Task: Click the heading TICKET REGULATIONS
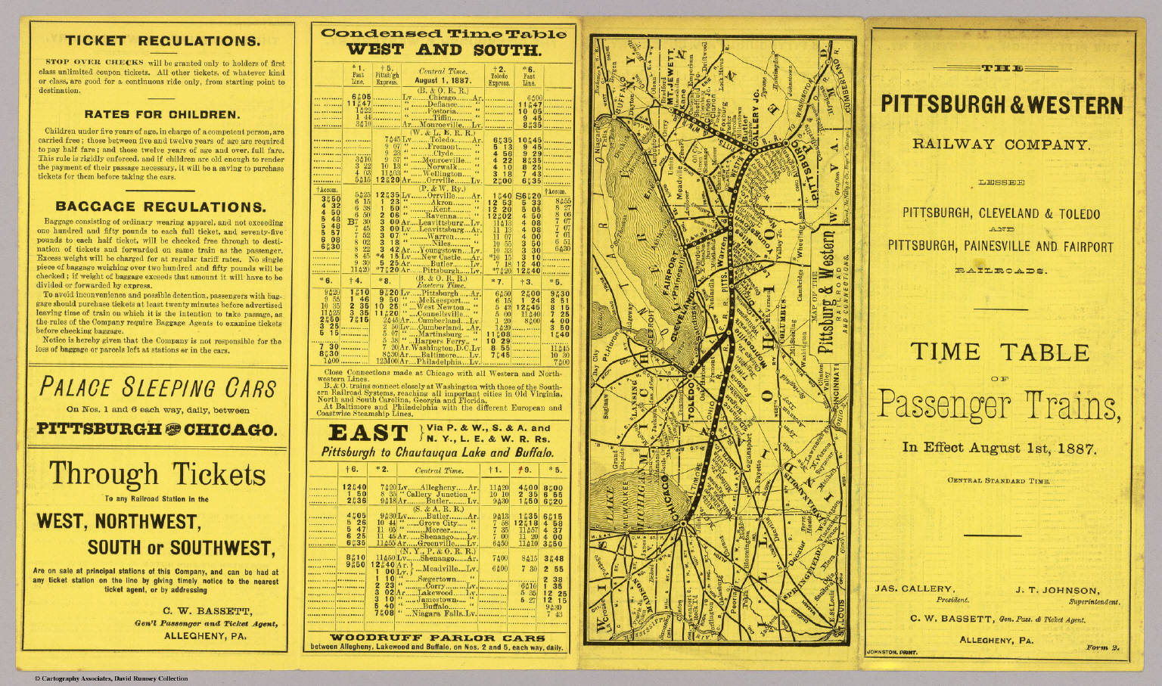tap(162, 42)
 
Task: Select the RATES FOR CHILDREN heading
tap(161, 115)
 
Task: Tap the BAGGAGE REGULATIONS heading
tap(160, 206)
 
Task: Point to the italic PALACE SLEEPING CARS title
tap(157, 388)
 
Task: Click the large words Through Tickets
tap(157, 474)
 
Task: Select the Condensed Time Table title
tap(443, 33)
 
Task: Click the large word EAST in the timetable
tap(368, 433)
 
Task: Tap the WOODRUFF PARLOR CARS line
tap(437, 638)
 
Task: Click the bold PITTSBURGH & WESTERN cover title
tap(1002, 105)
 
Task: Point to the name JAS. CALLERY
tap(914, 588)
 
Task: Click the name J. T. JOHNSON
tap(1057, 590)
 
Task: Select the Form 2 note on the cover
tap(1101, 647)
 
